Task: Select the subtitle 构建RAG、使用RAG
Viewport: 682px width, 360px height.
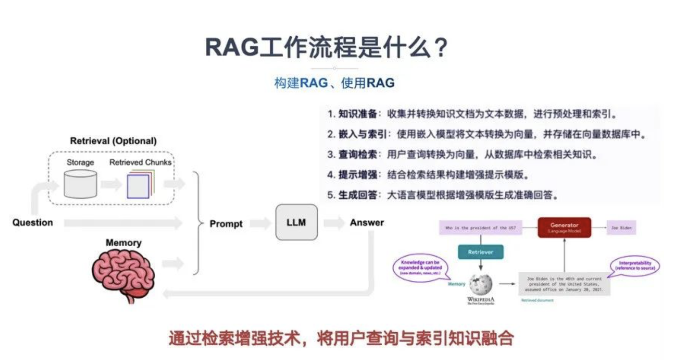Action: [x=334, y=83]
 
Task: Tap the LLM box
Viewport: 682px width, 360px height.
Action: [x=296, y=222]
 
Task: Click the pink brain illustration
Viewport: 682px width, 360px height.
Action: [x=124, y=273]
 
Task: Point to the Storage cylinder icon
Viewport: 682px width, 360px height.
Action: [x=80, y=184]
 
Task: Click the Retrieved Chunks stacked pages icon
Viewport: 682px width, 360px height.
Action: [x=140, y=185]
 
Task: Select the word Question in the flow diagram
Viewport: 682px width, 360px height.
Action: [x=33, y=223]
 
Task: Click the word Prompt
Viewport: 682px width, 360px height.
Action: [x=226, y=224]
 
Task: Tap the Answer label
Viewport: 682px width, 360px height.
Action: [x=367, y=223]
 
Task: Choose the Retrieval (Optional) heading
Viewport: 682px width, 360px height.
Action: [x=113, y=141]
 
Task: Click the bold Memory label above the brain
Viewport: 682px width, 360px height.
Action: [x=124, y=243]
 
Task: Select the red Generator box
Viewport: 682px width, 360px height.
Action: [x=564, y=227]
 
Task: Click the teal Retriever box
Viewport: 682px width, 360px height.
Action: [x=481, y=252]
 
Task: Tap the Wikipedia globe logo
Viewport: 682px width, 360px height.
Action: [x=481, y=284]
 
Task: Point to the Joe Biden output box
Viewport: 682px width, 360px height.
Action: [x=622, y=228]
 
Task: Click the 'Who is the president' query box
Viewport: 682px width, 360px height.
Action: [x=480, y=228]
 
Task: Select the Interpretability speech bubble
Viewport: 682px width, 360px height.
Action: [x=635, y=266]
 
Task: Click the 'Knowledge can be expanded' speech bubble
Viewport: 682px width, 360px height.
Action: [x=420, y=267]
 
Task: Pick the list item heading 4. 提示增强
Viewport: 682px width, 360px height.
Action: [x=352, y=175]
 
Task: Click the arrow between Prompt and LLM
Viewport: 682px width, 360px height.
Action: [x=260, y=223]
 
